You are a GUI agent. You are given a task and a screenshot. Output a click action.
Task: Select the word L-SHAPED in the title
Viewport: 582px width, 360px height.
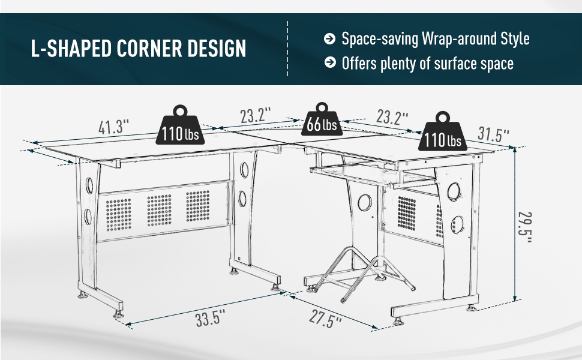tap(72, 49)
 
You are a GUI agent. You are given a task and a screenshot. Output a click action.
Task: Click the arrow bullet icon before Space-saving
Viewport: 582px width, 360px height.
tap(329, 39)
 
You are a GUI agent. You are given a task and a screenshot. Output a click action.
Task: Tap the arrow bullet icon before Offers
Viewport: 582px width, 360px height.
tap(329, 62)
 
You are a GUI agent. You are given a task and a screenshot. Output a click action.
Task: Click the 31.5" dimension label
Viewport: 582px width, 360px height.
tap(494, 134)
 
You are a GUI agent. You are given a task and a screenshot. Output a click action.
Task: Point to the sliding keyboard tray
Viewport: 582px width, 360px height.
tap(360, 172)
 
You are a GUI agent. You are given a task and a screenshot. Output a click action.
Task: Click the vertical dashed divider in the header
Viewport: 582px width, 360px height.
tap(287, 49)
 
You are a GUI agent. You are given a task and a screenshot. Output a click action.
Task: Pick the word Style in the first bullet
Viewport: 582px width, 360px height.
tap(515, 39)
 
